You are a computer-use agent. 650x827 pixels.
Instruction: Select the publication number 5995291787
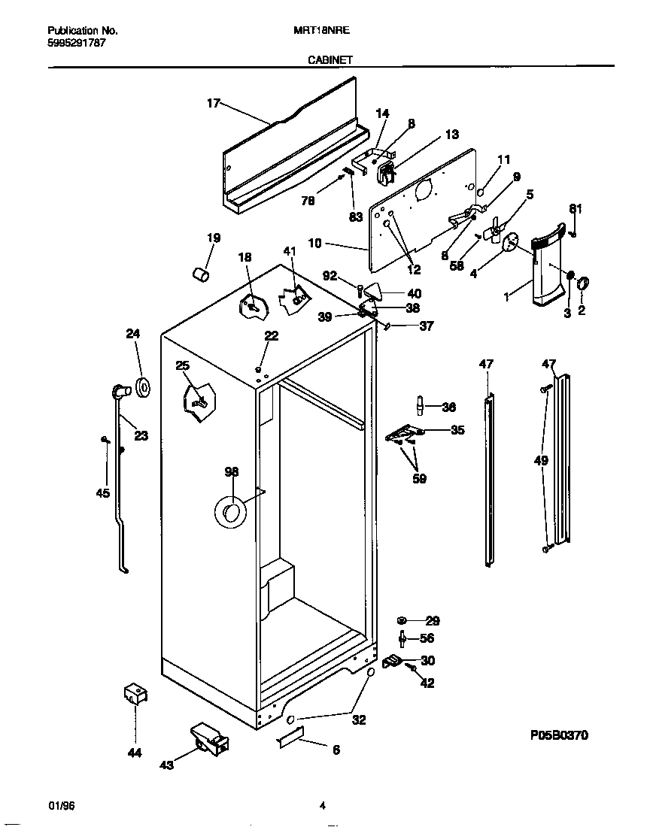(x=77, y=43)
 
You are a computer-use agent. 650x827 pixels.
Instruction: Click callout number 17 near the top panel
(x=213, y=104)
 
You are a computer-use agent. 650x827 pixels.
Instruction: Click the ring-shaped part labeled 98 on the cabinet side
(x=230, y=512)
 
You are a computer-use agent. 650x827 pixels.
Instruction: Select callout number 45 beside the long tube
(x=103, y=493)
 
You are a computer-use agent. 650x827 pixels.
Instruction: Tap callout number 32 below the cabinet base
(x=359, y=719)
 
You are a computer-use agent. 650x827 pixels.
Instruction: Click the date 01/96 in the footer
(x=62, y=806)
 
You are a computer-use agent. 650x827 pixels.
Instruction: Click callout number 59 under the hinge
(x=419, y=478)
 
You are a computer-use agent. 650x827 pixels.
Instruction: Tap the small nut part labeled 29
(x=402, y=620)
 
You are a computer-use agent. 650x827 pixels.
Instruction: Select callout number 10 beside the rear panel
(x=314, y=243)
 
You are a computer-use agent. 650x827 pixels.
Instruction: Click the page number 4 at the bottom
(x=322, y=806)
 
